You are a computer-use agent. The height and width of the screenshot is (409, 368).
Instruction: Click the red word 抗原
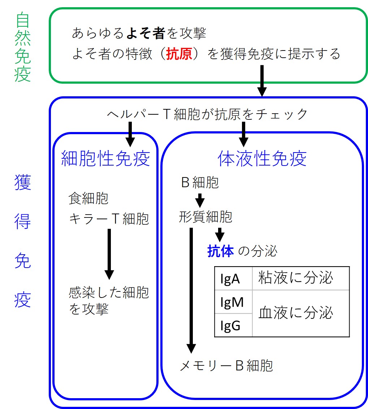[x=179, y=54]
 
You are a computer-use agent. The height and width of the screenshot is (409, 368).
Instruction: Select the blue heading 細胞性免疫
[x=105, y=159]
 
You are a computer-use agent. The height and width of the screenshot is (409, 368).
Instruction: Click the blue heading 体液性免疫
[x=262, y=159]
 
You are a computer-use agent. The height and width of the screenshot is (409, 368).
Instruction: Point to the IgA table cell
[x=230, y=279]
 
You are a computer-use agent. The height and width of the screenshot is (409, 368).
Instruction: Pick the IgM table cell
[x=232, y=302]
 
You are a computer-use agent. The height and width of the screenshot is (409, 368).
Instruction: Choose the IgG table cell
[x=230, y=325]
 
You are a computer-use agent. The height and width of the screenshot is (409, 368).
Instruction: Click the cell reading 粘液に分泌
[x=295, y=278]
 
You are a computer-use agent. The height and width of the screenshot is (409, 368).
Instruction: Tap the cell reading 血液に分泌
[x=295, y=313]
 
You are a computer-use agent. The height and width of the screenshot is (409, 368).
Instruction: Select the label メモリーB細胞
[x=226, y=366]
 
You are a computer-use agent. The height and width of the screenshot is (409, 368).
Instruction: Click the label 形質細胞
[x=205, y=217]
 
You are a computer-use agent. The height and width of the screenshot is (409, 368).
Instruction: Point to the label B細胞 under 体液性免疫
[x=200, y=183]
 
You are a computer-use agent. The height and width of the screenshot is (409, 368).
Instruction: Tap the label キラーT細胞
[x=109, y=219]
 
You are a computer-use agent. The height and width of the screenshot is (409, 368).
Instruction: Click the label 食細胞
[x=88, y=198]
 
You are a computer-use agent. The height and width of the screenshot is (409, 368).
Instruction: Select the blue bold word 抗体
[x=221, y=251]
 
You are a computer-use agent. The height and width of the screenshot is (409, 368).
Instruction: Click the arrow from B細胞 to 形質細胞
[x=200, y=200]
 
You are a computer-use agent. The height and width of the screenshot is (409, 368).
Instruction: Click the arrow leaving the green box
[x=262, y=81]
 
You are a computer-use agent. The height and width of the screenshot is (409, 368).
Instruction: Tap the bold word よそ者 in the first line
[x=146, y=34]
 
